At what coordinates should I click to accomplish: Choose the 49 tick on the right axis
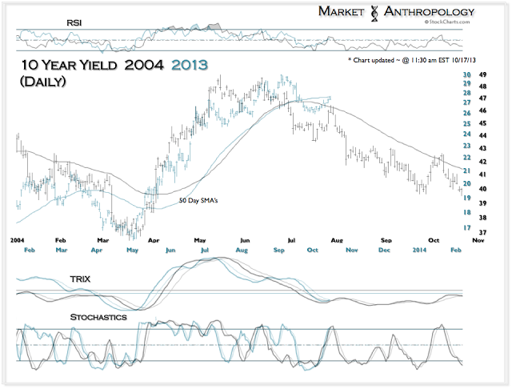coord(483,75)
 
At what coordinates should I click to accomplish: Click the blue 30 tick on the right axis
coord(466,75)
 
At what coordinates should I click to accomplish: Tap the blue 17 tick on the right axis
coord(466,228)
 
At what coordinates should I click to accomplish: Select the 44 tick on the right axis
coord(483,136)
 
